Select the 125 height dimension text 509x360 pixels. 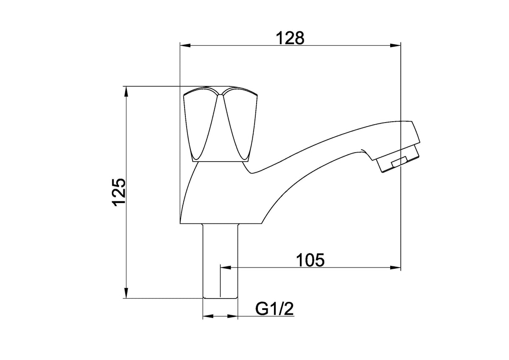click(119, 192)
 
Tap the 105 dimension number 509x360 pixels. click(310, 260)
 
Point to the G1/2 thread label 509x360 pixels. click(274, 309)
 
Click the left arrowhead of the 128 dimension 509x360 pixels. click(185, 45)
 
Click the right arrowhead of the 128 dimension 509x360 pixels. click(395, 45)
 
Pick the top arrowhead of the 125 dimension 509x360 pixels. click(126, 92)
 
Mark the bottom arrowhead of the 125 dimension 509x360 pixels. click(126, 293)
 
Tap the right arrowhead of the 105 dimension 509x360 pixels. click(395, 268)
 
